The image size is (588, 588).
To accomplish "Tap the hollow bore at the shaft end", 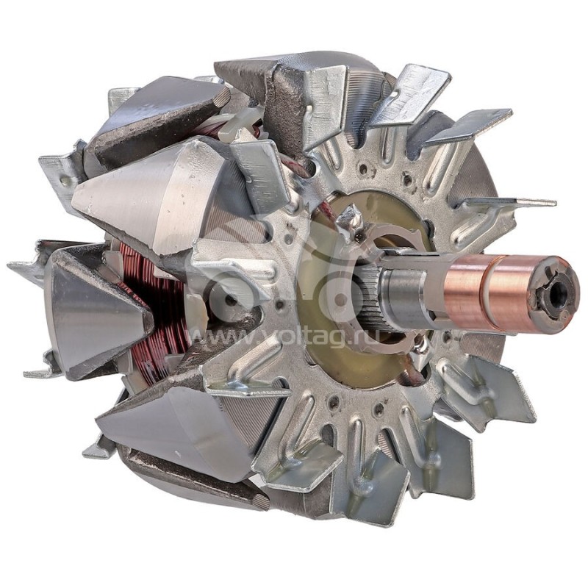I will tap(558, 295).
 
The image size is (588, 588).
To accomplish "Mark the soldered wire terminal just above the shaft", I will tap(348, 220).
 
